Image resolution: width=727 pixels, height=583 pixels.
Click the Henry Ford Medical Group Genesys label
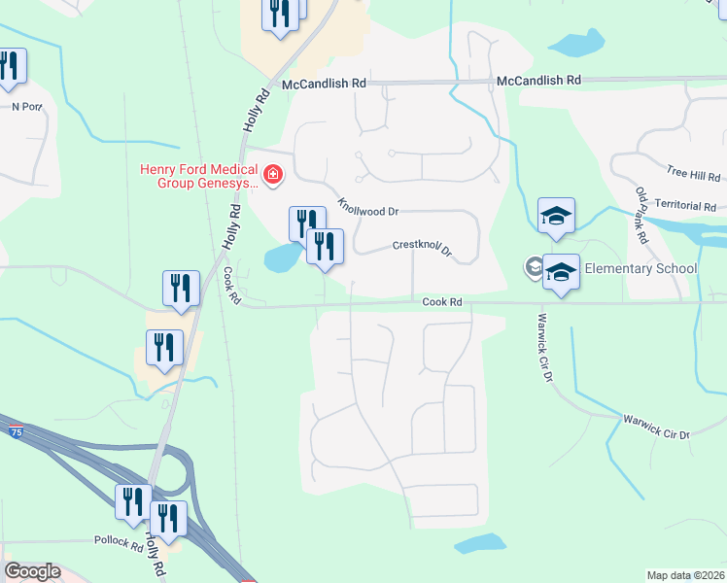[199, 175]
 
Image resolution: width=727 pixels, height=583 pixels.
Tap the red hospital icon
[274, 176]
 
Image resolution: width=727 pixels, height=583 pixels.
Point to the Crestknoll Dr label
[423, 249]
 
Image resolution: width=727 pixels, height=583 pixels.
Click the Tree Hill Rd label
[693, 175]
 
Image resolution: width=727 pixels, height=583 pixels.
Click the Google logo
[32, 571]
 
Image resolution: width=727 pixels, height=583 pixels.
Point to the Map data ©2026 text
[684, 575]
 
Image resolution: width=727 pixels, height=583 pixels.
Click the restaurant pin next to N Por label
[11, 66]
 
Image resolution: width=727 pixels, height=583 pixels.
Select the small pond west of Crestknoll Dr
[280, 257]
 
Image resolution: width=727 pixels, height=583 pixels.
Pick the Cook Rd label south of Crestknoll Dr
[440, 302]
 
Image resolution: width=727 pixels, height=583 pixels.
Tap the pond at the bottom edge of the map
[479, 543]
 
